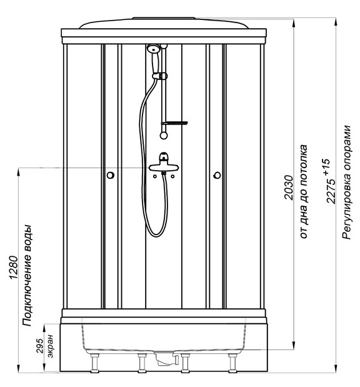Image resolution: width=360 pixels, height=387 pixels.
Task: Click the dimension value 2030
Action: [x=289, y=188]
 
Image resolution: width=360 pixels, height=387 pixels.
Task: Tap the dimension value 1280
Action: [x=14, y=268]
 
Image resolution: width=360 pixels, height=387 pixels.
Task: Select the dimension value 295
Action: [x=40, y=346]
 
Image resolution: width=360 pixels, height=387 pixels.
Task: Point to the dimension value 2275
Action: [x=331, y=191]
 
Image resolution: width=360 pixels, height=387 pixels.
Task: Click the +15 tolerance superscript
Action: [x=326, y=168]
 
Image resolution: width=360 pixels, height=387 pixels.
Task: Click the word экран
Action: [x=51, y=346]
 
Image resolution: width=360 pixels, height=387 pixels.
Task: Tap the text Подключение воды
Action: [x=27, y=276]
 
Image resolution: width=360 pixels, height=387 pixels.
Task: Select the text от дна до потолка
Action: [x=304, y=191]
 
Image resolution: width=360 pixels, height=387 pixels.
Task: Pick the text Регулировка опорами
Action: [x=347, y=183]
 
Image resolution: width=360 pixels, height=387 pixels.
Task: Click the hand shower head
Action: [x=154, y=48]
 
